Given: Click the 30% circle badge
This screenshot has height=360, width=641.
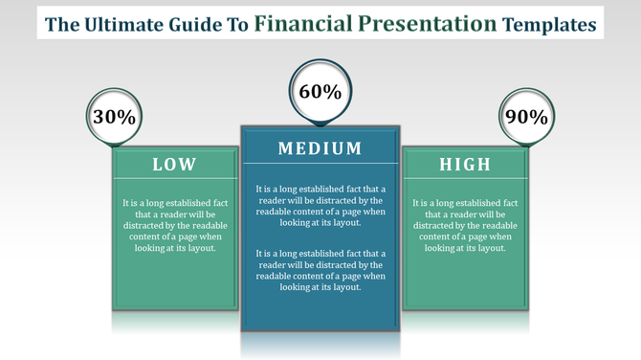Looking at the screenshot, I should point(114,117).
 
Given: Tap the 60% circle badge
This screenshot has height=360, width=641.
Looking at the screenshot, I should point(320,92).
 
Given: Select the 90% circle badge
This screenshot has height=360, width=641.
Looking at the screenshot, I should point(525,117).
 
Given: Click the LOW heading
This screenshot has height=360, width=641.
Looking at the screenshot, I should point(175,165).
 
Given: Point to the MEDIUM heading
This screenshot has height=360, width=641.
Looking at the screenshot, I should point(320,148).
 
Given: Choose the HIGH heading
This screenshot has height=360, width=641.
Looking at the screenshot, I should point(465,165).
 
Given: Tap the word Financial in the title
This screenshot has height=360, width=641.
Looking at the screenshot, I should point(316,23).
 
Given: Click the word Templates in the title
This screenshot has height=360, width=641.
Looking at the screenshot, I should point(558,24).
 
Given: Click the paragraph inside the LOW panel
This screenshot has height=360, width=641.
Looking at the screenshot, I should point(175,225).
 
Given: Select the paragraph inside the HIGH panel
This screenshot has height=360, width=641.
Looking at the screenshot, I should point(465,225).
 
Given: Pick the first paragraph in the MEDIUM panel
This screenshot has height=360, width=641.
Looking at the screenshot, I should point(320,206).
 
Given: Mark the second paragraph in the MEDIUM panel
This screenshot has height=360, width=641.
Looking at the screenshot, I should point(320,269).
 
